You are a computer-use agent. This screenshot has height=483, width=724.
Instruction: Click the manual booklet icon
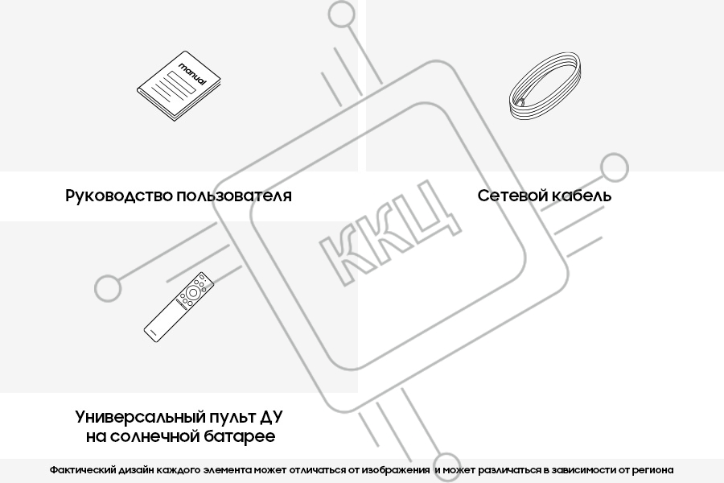(179, 86)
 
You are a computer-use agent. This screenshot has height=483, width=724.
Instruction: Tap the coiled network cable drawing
(545, 87)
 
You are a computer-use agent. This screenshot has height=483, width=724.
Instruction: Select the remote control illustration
(179, 307)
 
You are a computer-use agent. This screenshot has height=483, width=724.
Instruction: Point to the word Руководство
(119, 196)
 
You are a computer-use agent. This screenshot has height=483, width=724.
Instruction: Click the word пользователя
(234, 196)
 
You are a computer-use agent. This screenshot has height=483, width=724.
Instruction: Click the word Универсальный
(140, 417)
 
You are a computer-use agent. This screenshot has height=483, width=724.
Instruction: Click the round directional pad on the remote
(192, 292)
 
